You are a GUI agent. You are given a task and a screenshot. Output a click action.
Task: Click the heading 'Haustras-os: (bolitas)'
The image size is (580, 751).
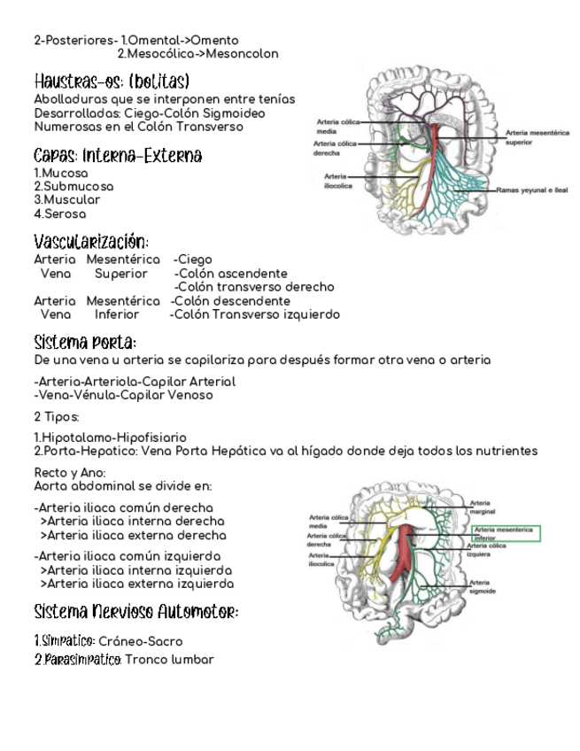point(112,81)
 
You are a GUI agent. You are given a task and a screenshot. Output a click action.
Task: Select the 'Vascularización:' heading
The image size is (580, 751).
point(90,242)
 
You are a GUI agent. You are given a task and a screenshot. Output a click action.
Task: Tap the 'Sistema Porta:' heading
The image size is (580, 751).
point(84,343)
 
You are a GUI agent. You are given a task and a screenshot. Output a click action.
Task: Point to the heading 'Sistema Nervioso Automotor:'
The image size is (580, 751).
point(136,612)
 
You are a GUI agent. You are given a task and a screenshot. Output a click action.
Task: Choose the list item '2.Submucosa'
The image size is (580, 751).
point(73,187)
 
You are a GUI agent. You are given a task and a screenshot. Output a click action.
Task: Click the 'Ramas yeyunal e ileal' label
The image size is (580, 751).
point(531,190)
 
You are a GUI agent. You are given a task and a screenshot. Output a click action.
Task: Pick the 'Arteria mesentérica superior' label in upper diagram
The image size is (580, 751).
point(537,137)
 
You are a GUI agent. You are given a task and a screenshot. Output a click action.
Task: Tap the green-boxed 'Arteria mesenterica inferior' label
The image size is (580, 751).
point(505,533)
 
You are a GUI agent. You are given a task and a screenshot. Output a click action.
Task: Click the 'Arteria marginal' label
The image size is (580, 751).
point(483,507)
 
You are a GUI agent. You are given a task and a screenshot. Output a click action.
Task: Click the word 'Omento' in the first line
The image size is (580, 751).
point(214,41)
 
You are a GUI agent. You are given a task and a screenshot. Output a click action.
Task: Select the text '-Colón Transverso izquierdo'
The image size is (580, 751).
point(254,314)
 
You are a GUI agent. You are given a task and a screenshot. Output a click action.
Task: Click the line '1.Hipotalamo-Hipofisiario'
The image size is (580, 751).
point(110,437)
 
